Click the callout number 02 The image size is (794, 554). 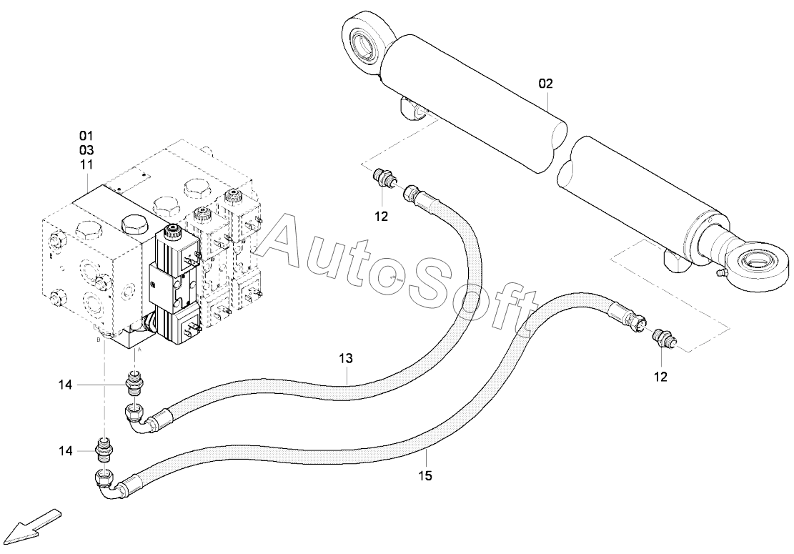[x=546, y=84]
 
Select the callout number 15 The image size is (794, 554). [x=426, y=476]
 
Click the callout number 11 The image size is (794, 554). [x=86, y=164]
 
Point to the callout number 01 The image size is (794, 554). [x=86, y=136]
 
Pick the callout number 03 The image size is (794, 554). [x=86, y=150]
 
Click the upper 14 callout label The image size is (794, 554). [x=65, y=385]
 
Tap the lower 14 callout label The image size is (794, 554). [x=66, y=451]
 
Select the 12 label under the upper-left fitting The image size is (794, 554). [x=381, y=217]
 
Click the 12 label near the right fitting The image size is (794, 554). [x=661, y=377]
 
